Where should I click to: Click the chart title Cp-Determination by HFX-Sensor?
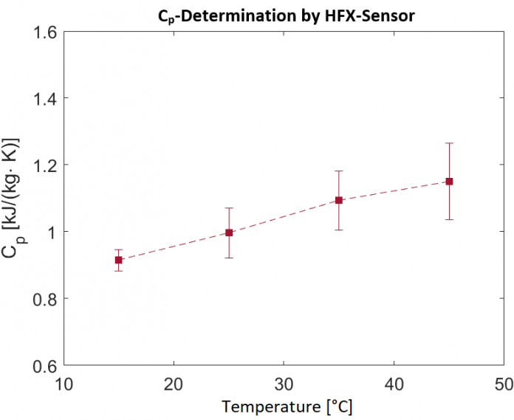point(285,15)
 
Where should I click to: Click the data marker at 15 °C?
point(119,260)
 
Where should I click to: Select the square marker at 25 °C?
point(229,233)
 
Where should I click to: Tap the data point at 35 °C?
point(339,200)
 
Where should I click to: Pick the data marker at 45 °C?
point(449,181)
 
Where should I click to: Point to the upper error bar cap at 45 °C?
point(449,143)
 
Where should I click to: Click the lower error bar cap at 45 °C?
point(449,219)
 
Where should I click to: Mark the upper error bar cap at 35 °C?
point(339,171)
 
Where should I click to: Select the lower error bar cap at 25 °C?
point(229,258)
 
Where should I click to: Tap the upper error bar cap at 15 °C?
point(119,249)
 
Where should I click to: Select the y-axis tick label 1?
point(52,232)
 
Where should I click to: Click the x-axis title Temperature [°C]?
point(284,407)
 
